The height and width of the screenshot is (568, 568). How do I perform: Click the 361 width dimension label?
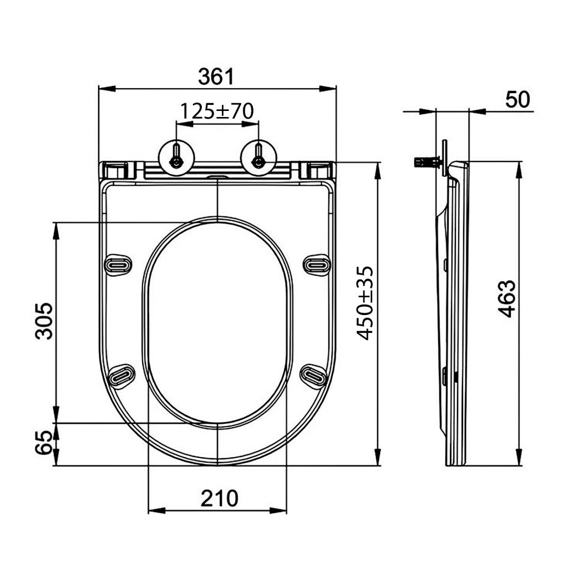[x=216, y=77]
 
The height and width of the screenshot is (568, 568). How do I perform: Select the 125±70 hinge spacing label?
[x=217, y=111]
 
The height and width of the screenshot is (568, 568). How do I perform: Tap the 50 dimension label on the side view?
[x=518, y=99]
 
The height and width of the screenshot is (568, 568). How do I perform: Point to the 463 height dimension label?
[x=506, y=298]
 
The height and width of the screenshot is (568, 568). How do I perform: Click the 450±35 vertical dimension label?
[x=365, y=303]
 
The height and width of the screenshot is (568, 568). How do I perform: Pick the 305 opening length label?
[x=44, y=321]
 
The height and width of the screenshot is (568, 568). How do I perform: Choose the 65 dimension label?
[x=43, y=442]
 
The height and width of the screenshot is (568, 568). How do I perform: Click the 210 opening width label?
[x=220, y=499]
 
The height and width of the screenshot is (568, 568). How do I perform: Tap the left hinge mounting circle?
[x=176, y=158]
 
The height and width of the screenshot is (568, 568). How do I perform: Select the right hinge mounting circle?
[x=258, y=158]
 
